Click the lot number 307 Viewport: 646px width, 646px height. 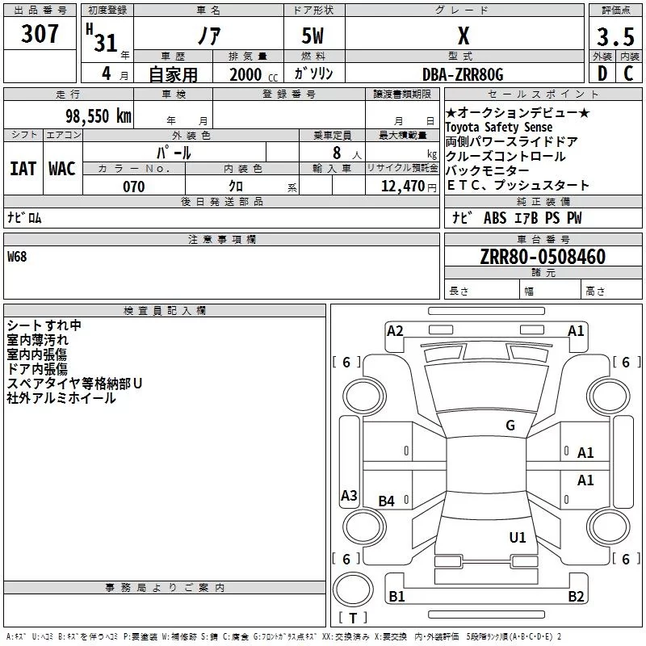40,34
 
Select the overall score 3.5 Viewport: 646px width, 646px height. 615,37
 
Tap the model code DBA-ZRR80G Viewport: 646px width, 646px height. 463,74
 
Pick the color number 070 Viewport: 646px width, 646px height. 133,187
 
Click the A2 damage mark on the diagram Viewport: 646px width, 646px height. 395,330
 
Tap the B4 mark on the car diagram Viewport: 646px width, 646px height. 387,501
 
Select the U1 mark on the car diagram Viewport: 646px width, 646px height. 518,537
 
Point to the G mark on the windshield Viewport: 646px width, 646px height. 510,426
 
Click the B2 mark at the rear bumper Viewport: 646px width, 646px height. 576,597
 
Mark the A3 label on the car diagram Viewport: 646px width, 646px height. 349,496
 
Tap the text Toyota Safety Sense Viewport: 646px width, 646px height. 499,128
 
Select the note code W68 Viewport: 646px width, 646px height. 18,257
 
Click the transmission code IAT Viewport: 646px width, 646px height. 23,169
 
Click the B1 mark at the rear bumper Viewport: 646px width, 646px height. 396,597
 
